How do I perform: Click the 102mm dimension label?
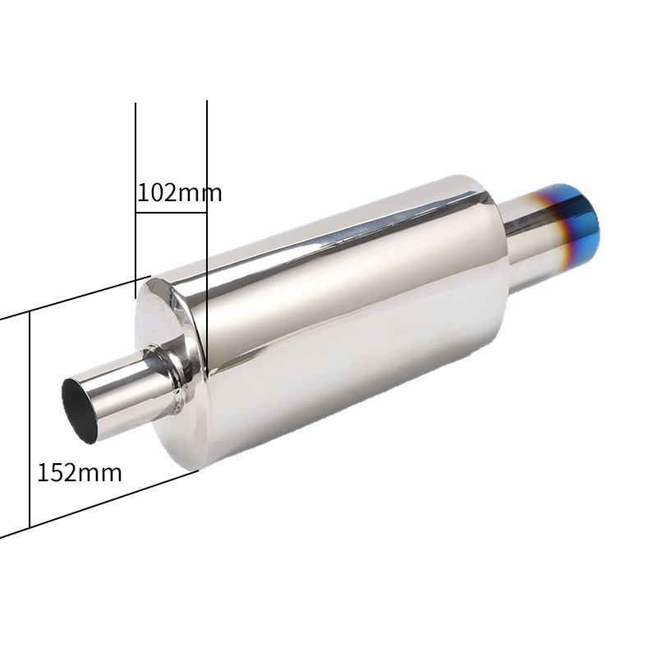(179, 193)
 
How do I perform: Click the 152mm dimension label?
(80, 472)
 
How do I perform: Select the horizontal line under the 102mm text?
(171, 213)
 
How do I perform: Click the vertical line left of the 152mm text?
(30, 420)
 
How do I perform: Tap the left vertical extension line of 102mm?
(136, 200)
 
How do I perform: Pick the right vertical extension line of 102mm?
(207, 235)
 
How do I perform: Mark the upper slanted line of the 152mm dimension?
(76, 298)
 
